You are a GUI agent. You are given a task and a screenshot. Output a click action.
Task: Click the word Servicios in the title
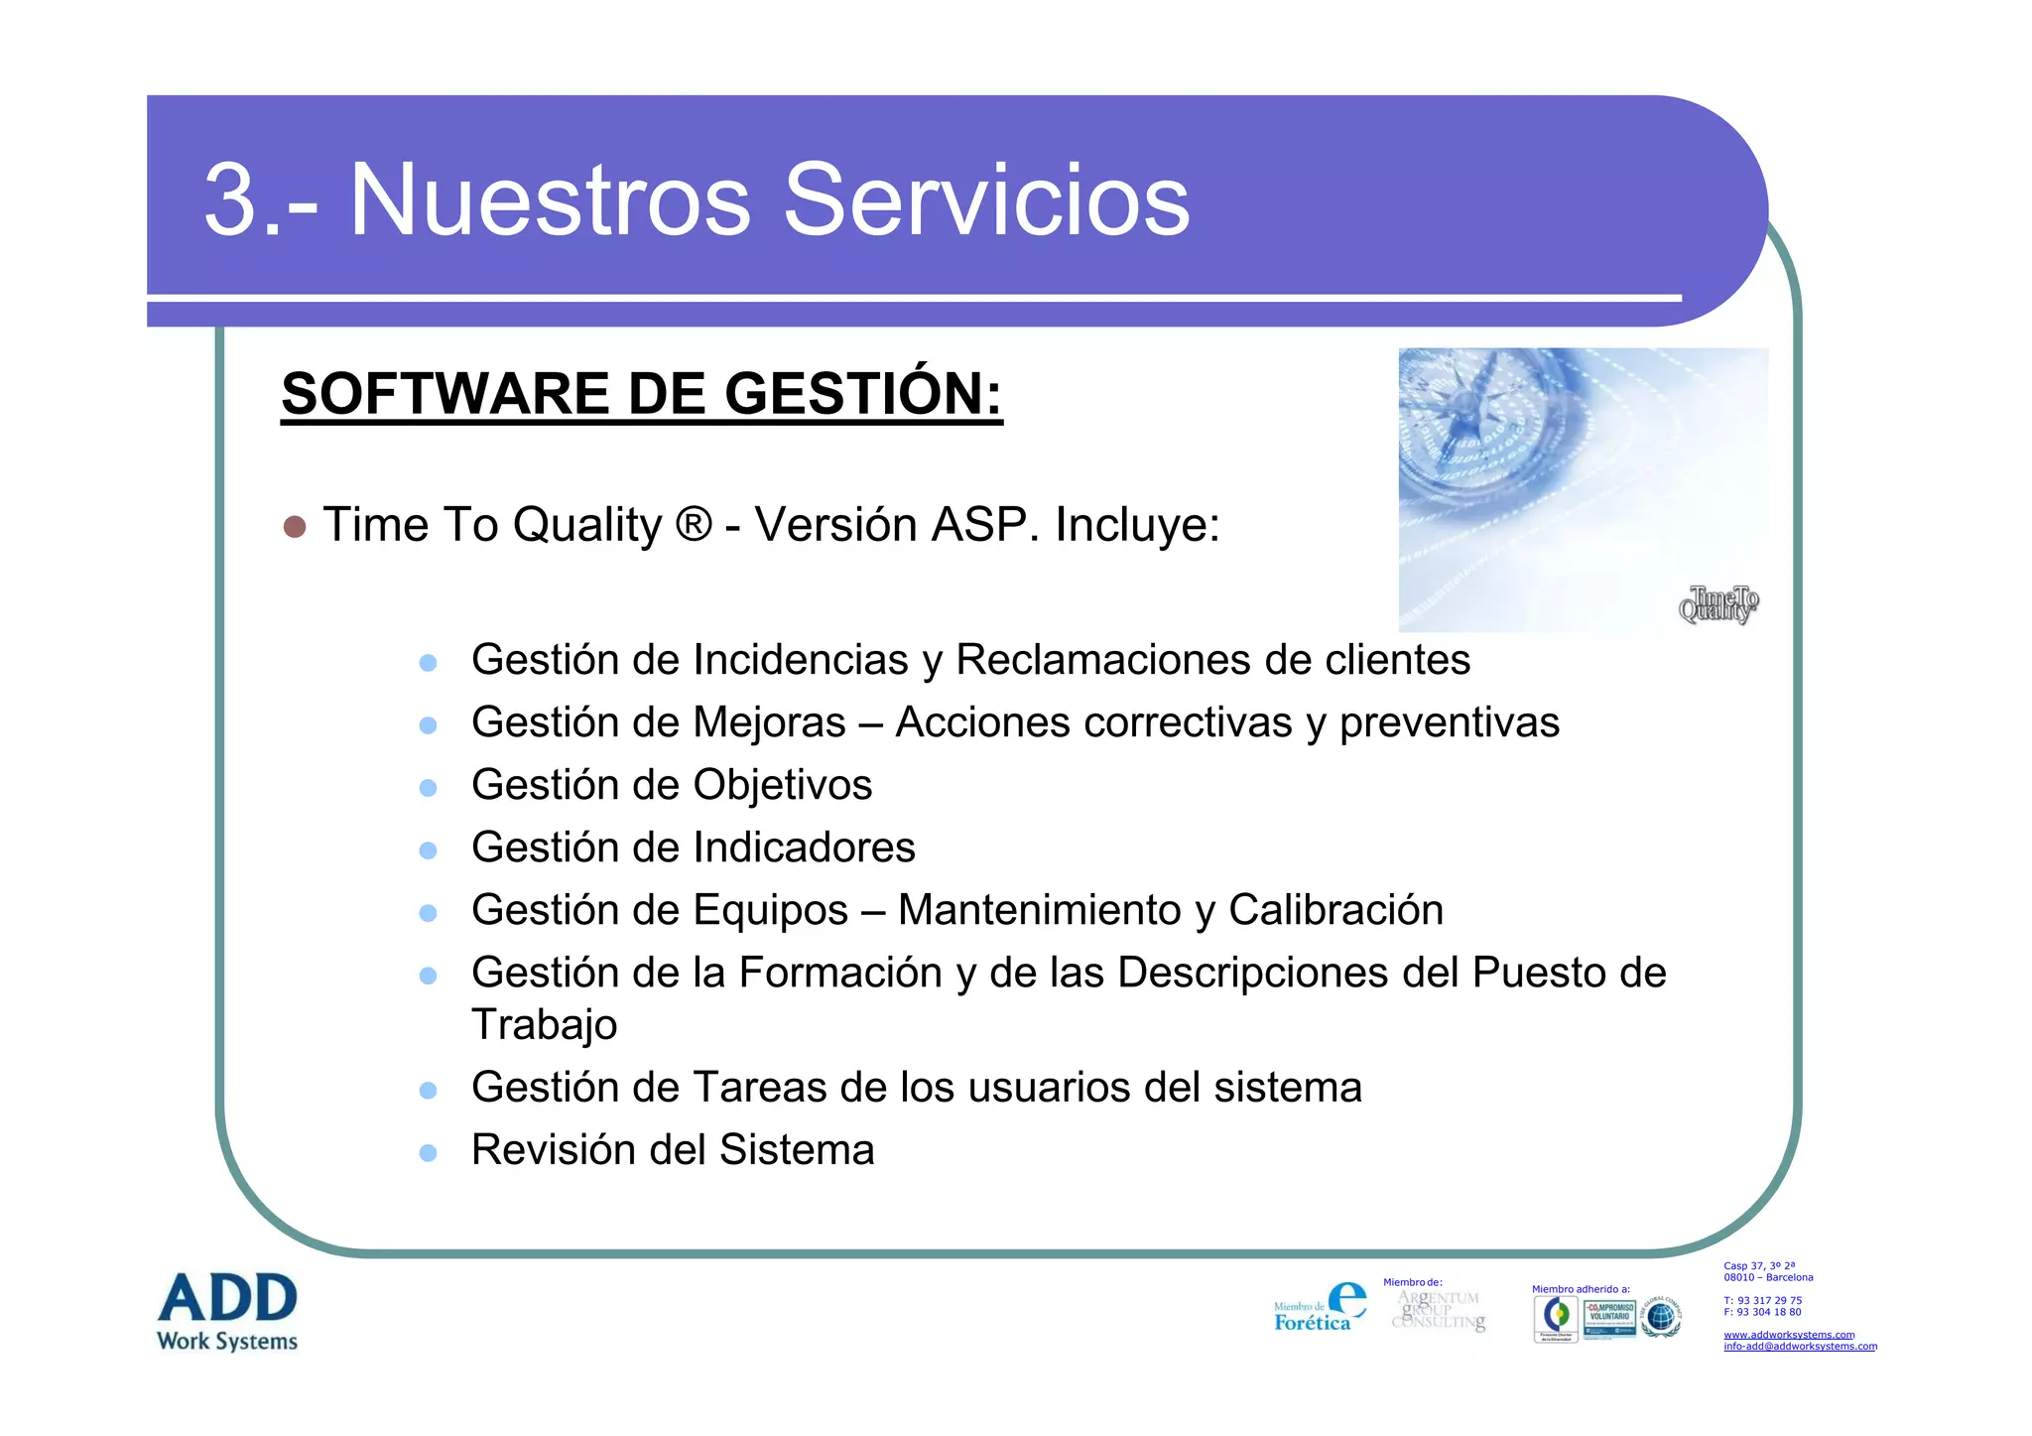986,200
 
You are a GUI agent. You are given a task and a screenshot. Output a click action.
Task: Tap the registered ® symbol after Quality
693,524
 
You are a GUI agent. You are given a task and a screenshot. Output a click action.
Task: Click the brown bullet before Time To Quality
294,526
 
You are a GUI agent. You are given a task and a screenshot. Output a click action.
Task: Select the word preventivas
1449,722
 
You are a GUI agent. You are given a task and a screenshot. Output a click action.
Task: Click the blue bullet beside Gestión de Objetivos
429,788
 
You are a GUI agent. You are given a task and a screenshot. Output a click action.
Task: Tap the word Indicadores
804,848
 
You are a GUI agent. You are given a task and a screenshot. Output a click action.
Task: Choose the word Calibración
1335,910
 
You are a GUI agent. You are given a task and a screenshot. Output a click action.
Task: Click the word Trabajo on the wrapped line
544,1025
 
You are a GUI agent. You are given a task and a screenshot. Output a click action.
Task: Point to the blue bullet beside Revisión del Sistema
429,1153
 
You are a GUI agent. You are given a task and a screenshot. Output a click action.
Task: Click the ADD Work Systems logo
227,1310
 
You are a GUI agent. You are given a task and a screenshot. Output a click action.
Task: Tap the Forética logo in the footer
1320,1308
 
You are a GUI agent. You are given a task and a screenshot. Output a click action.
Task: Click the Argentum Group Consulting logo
1439,1310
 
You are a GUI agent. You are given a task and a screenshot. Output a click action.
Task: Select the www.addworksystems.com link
1789,1335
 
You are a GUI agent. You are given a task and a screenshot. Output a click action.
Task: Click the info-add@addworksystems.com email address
1800,1347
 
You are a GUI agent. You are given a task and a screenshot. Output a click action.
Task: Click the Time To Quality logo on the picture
1718,603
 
